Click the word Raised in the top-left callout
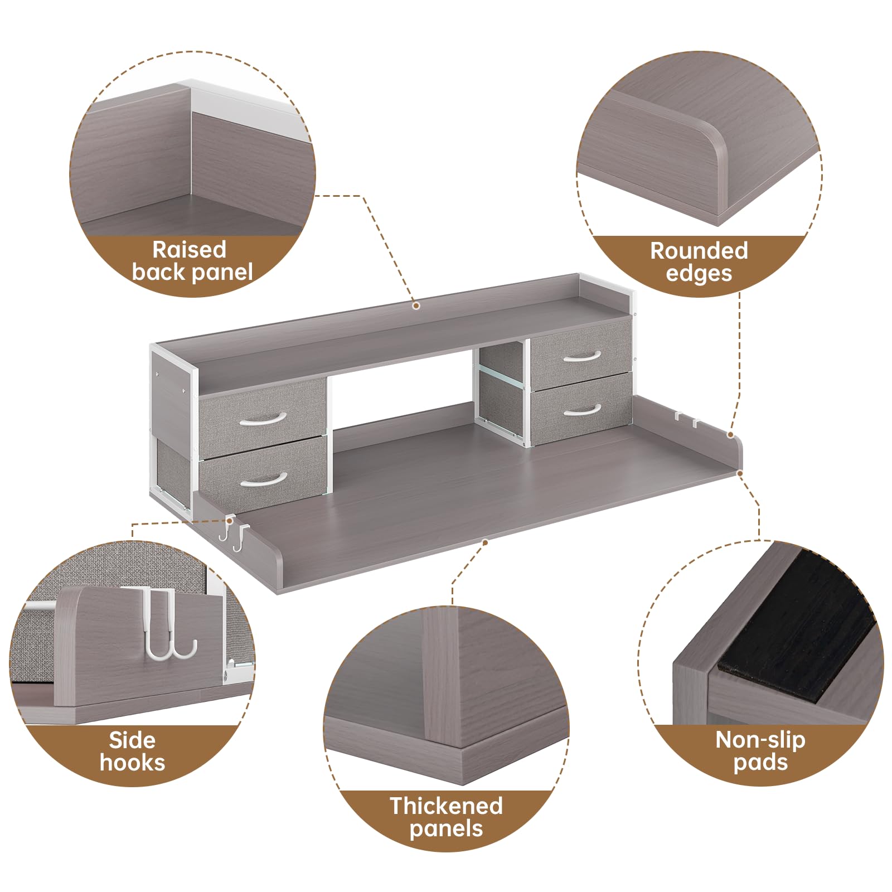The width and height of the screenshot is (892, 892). coord(190,249)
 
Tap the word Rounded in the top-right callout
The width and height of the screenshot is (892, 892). coord(699,251)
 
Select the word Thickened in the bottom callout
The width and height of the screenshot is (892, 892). coord(446,806)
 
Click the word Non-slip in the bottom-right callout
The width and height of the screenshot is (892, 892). coord(760,740)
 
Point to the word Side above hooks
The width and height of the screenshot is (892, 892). coord(132,740)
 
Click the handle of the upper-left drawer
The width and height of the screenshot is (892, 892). coord(263,418)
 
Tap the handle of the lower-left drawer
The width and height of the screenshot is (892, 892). coord(264,479)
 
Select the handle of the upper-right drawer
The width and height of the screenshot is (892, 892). coord(581,356)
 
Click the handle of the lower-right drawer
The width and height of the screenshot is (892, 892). coord(582,410)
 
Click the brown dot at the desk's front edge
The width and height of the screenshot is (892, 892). coord(485,542)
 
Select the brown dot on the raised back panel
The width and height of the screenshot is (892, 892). coord(415,306)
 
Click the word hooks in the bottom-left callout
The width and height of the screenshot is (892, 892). coord(132,763)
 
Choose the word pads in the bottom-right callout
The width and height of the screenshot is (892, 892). coord(760,763)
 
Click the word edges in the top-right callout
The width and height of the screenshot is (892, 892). coord(699,274)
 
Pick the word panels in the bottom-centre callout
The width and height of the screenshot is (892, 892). coord(446,829)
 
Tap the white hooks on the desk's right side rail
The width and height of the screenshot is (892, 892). coord(687,419)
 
